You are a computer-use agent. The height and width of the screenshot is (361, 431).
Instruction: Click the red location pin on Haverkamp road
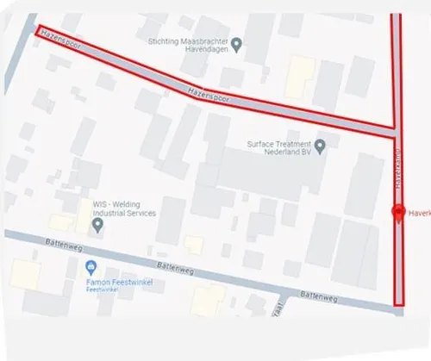coord(397,212)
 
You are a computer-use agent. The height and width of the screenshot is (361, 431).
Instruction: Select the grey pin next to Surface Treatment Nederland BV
coord(320,145)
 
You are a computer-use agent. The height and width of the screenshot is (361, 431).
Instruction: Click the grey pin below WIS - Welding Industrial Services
coord(97,227)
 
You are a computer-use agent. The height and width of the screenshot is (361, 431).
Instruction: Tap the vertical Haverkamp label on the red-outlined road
coord(397,173)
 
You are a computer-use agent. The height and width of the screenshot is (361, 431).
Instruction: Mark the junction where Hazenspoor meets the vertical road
coord(397,133)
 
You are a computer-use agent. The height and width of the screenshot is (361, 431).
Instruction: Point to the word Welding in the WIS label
coord(124,204)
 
